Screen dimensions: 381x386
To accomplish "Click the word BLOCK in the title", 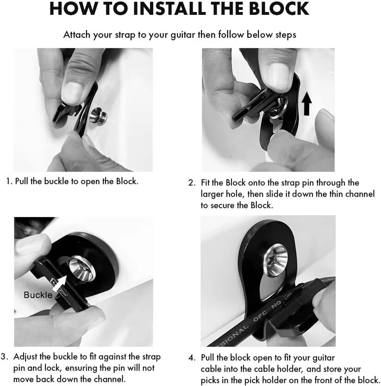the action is pos(279,8).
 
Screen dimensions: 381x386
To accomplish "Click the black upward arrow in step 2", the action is pos(306,103).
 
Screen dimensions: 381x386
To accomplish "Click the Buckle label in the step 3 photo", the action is pos(38,295).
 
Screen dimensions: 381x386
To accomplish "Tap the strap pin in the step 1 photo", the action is pos(98,115).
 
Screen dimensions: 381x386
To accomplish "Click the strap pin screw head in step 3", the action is pos(82,268).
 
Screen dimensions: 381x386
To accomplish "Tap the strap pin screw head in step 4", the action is pos(276,260).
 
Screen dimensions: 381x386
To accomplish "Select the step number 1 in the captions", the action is pos(9,182).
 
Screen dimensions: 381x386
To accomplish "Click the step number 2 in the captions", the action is pos(192,183).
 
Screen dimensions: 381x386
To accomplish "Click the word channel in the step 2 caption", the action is pos(360,194).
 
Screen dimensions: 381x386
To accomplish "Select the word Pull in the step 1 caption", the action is pos(22,181).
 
